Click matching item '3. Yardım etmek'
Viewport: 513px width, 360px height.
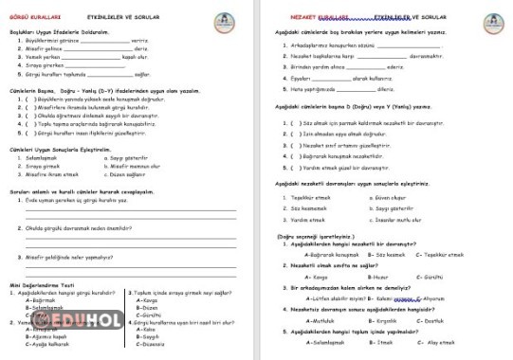coord(305,217)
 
